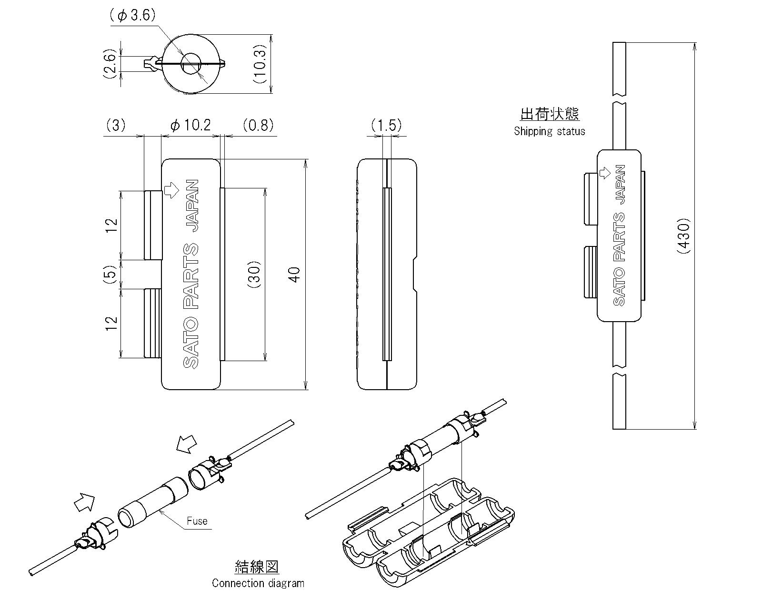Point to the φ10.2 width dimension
(190, 125)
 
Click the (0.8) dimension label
(258, 125)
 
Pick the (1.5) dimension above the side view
(386, 125)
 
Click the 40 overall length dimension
(295, 274)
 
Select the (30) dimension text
(255, 275)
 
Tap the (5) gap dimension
(110, 275)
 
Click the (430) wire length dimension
(684, 236)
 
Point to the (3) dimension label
(115, 125)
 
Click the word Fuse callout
(197, 521)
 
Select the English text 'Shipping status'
(549, 131)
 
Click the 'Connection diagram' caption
(258, 583)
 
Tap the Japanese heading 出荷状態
(550, 114)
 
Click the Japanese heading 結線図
(257, 567)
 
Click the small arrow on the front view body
(170, 190)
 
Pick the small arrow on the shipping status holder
(605, 172)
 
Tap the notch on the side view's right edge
(414, 274)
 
